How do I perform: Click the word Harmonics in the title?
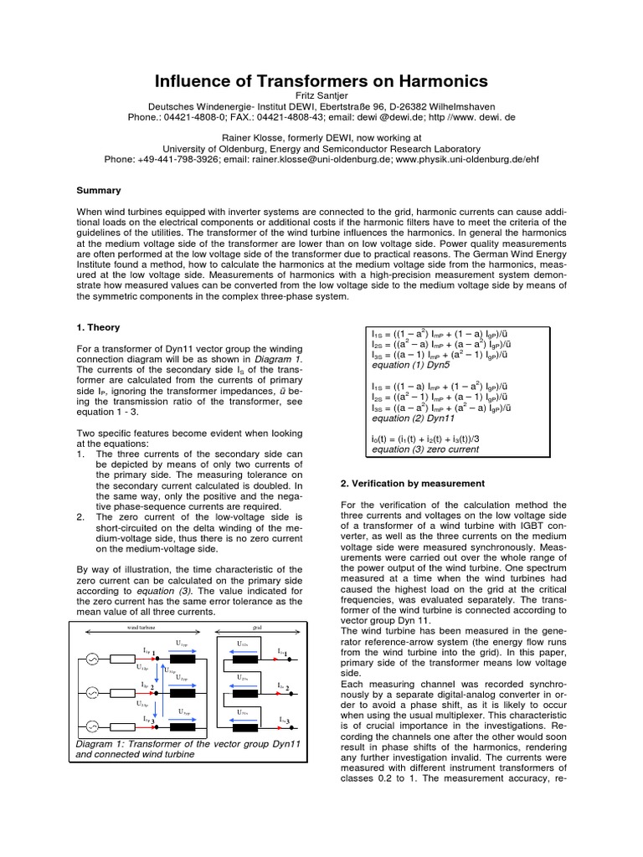click(429, 81)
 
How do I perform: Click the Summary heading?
click(99, 191)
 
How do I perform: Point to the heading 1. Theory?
click(98, 327)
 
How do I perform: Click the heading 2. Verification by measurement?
click(413, 484)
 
